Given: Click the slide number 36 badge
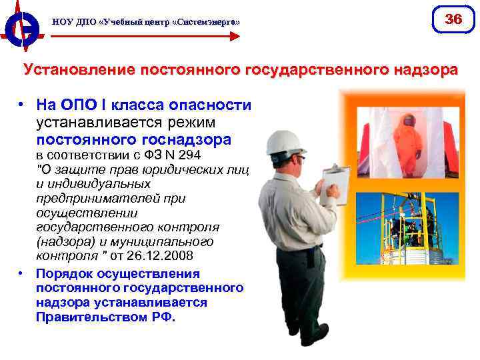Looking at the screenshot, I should coord(453,19).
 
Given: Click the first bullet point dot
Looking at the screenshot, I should coord(22,105).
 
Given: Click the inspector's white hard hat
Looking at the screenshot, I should coord(285,141).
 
